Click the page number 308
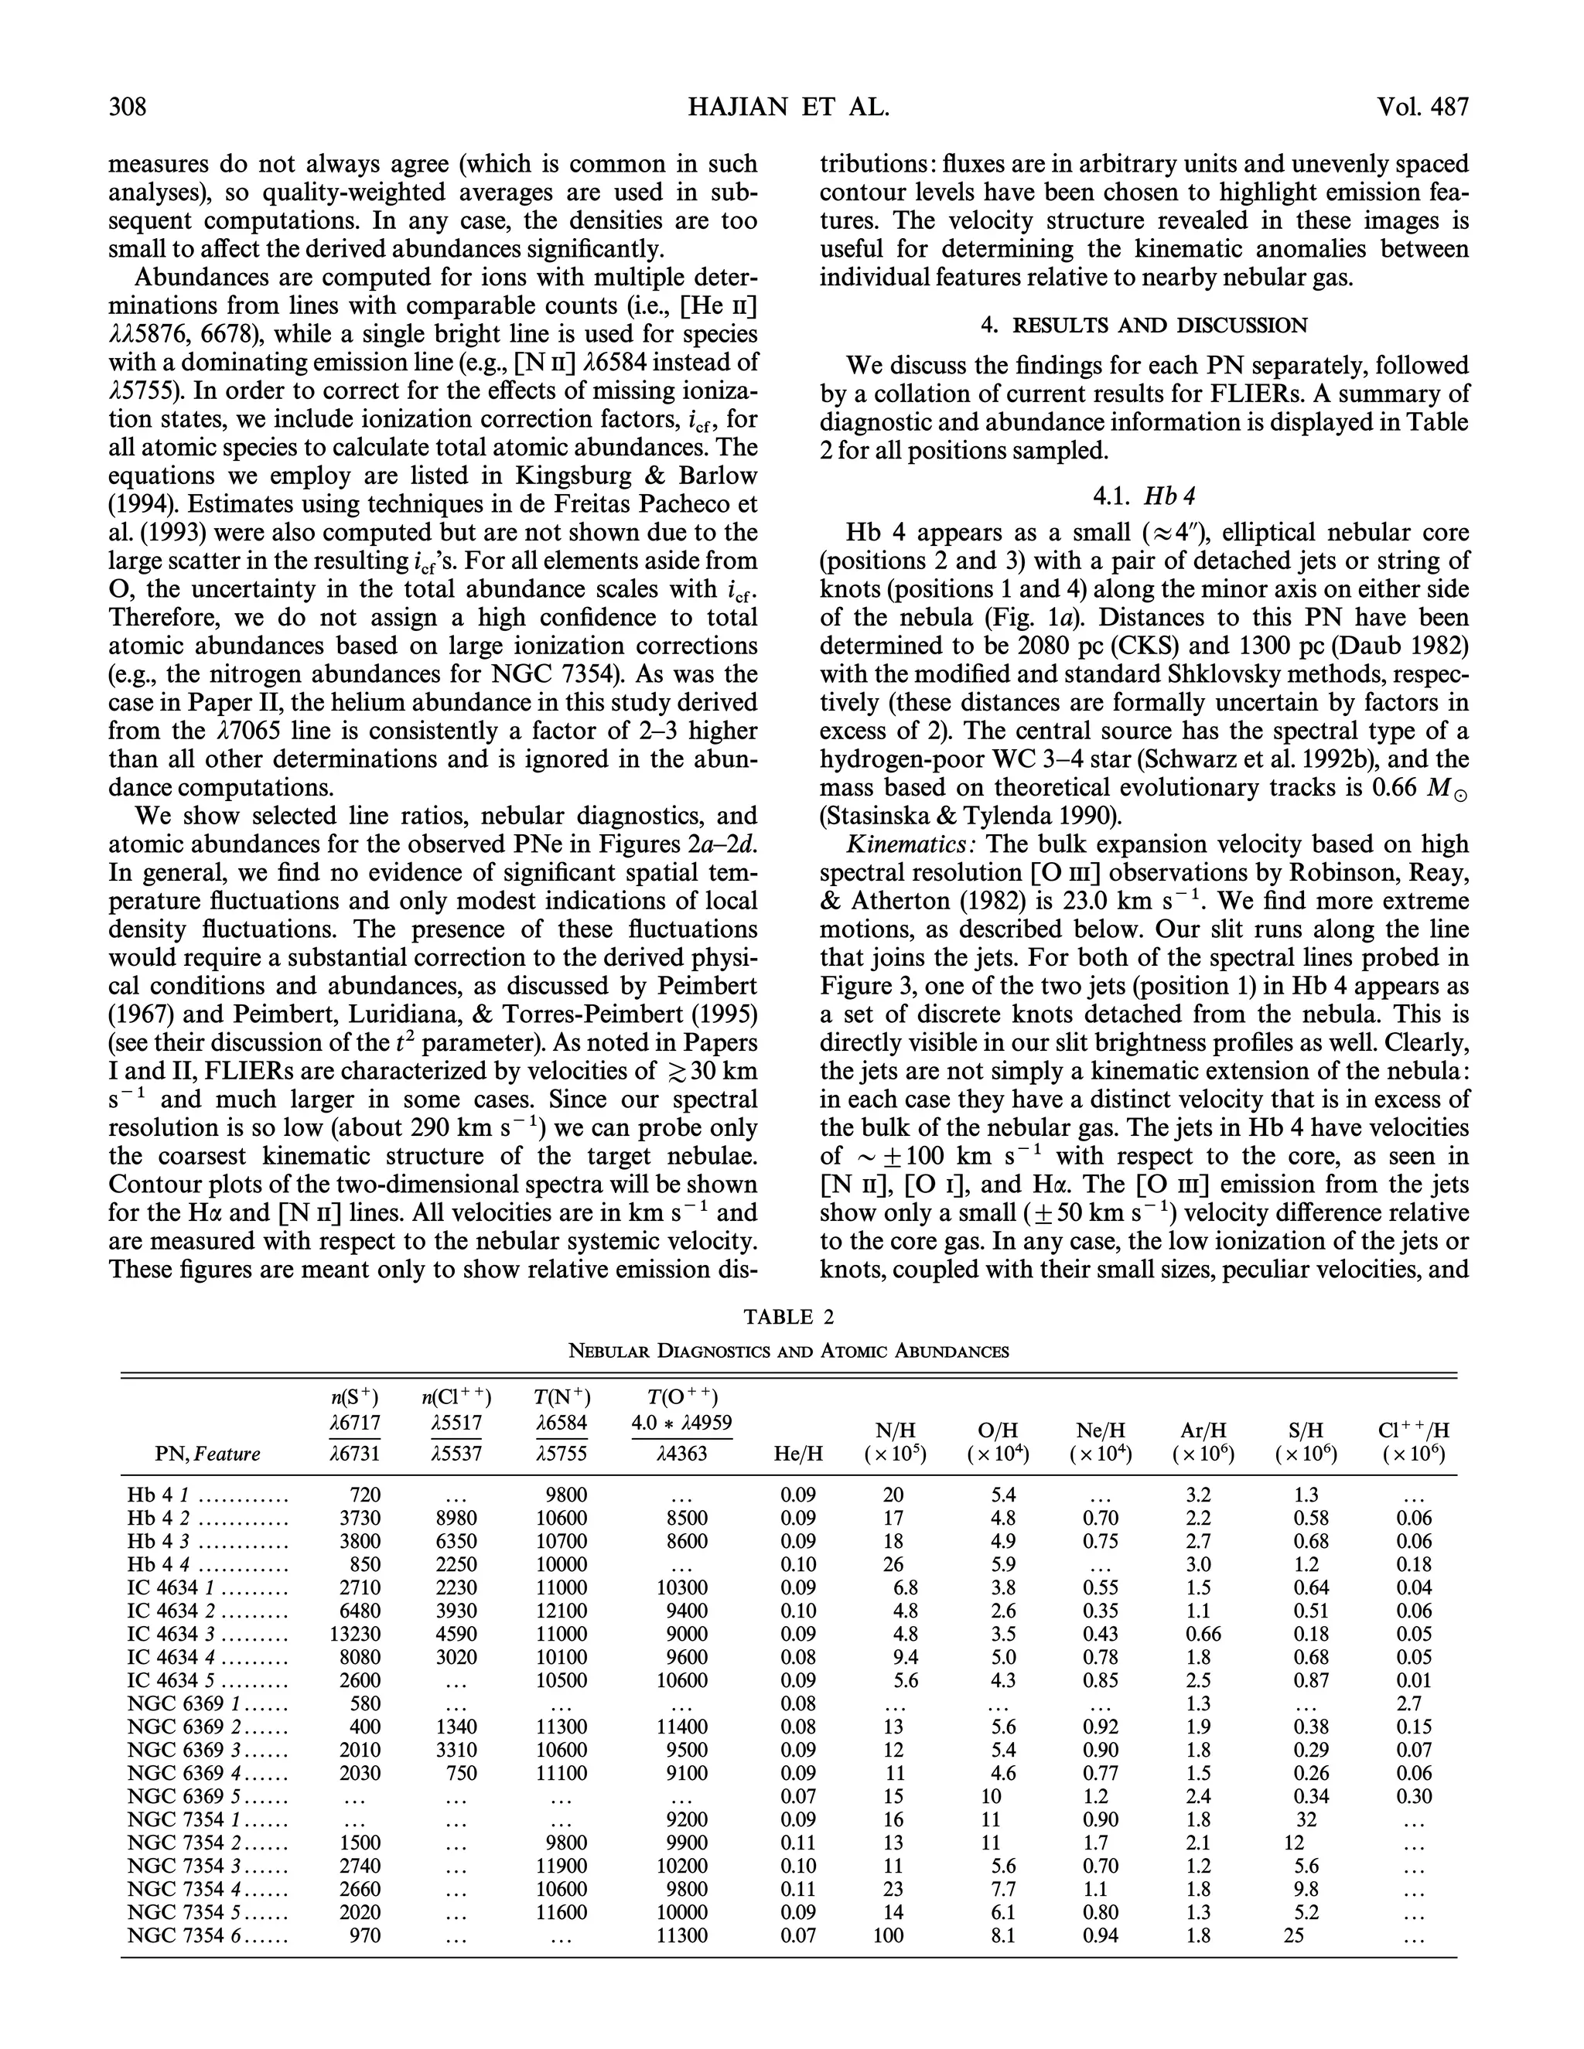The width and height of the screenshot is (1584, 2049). pos(128,107)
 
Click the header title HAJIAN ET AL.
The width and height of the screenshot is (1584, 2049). pos(788,107)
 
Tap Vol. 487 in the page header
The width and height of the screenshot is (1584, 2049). pos(1422,107)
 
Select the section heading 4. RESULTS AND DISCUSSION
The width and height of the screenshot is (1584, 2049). pos(1144,326)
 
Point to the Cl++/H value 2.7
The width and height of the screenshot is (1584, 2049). pos(1408,1703)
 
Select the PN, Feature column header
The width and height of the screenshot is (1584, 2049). pos(207,1454)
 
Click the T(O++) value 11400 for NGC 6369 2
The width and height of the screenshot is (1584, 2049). pos(682,1727)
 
